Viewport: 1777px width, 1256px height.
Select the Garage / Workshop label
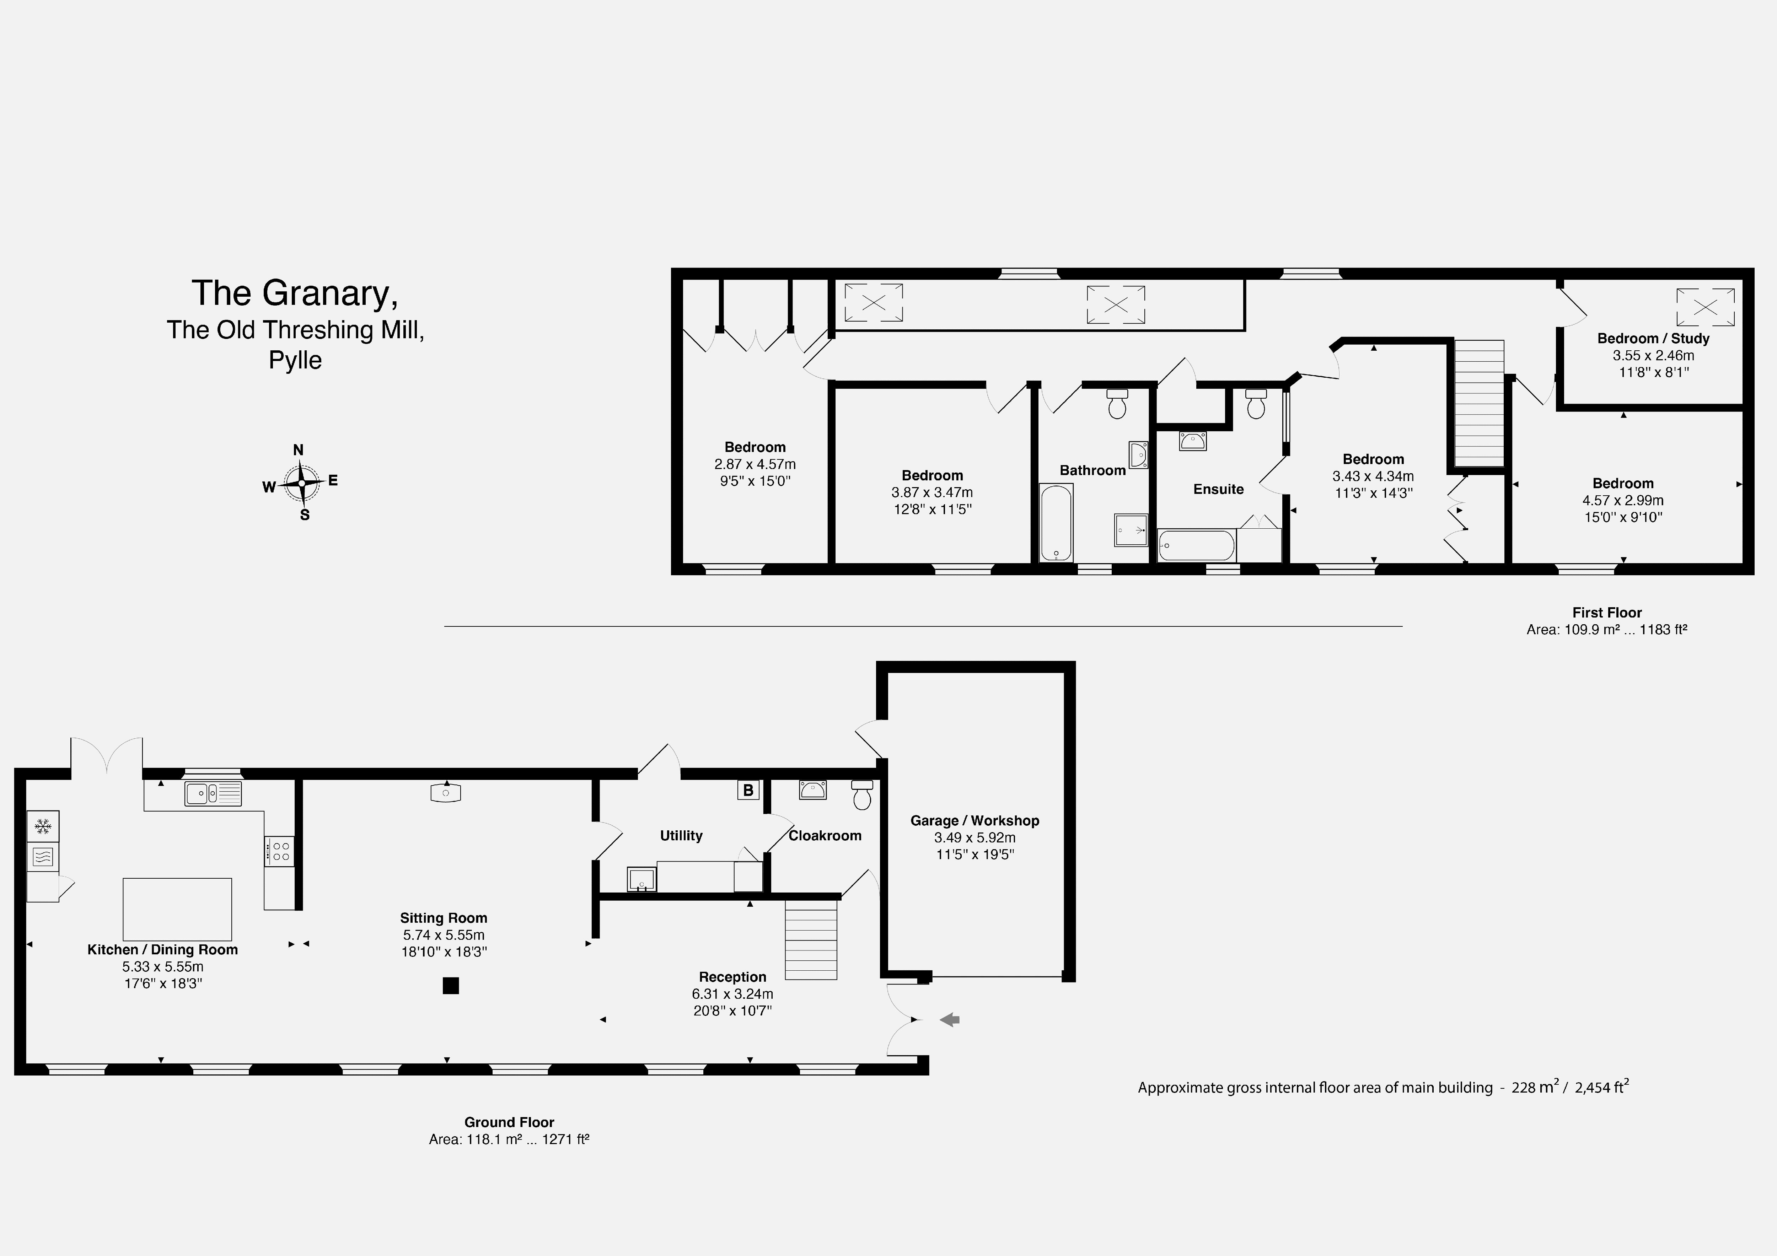click(x=975, y=820)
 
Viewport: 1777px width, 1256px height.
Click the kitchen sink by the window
click(x=213, y=793)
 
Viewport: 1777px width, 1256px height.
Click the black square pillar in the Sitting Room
click(x=450, y=985)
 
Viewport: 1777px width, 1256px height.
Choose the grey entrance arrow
click(x=950, y=1020)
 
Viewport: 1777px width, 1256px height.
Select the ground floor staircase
click(x=811, y=939)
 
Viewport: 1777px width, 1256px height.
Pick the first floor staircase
click(x=1478, y=404)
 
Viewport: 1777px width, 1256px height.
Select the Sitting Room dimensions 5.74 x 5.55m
click(x=444, y=935)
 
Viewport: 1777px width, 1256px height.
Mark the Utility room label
click(x=681, y=836)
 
